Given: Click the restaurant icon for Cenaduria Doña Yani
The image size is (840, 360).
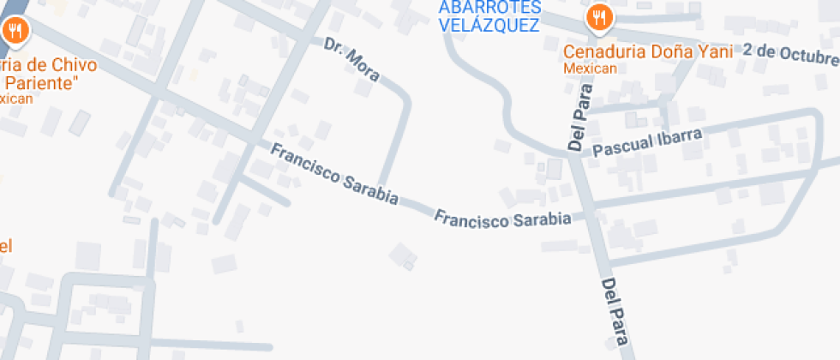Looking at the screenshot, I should pos(598,18).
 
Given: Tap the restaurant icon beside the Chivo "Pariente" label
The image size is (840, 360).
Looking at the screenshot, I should pos(15,32).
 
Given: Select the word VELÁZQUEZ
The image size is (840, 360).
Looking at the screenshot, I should pos(489,25).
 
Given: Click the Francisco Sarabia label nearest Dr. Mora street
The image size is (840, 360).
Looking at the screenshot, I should pos(334,174).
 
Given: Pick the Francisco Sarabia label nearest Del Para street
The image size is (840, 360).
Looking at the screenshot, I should pos(502,219).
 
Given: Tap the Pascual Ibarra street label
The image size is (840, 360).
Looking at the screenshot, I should pos(648,141).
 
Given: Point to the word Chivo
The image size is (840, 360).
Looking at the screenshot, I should pos(75,65).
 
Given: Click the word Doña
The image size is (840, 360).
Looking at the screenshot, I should pos(665,51).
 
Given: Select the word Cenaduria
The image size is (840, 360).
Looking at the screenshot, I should pos(602,51).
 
